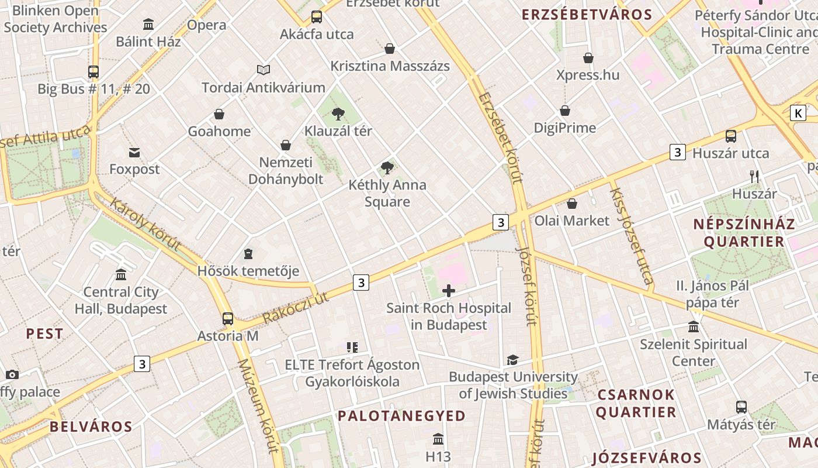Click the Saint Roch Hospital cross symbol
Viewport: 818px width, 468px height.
point(449,291)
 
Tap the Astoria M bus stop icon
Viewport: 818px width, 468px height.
point(228,319)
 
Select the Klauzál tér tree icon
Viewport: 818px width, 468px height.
point(338,113)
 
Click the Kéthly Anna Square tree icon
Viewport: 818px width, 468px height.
point(387,168)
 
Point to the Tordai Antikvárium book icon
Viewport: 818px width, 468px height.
point(264,70)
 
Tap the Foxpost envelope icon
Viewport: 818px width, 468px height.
point(134,153)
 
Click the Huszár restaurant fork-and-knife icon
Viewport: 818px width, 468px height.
point(754,176)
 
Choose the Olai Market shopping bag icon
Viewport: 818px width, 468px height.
point(572,204)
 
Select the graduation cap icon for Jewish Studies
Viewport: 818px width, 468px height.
point(512,360)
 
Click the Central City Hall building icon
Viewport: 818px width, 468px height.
point(121,274)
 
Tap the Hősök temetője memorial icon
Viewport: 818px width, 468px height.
point(248,254)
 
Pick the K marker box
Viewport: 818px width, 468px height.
point(798,113)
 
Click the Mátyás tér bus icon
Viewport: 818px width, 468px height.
point(741,407)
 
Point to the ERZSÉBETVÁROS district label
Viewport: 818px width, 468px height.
point(587,15)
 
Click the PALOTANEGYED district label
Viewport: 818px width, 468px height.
point(402,416)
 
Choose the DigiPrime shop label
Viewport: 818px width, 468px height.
point(565,128)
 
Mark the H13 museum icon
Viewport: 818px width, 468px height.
point(438,439)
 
